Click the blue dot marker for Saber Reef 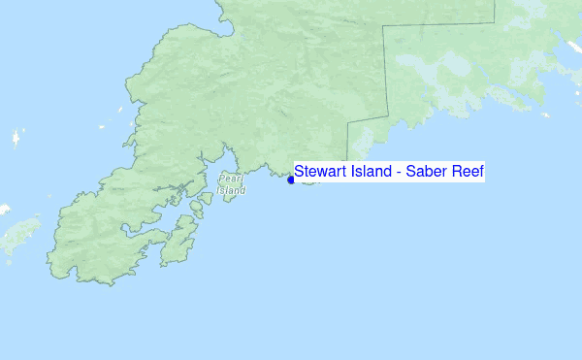pos(291,180)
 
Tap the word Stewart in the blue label pos(318,172)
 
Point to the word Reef pos(467,172)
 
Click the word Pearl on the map pos(231,179)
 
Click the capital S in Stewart pos(301,172)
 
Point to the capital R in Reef pos(456,172)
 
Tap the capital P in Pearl pos(222,179)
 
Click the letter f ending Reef pos(479,172)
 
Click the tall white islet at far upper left pos(16,138)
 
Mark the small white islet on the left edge pos(4,209)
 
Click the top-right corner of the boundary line pos(495,19)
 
